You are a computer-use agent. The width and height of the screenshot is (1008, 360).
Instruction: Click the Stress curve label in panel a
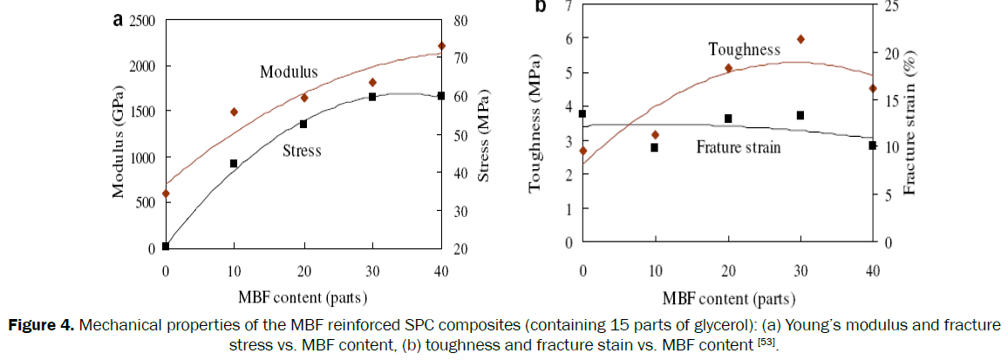tap(302, 151)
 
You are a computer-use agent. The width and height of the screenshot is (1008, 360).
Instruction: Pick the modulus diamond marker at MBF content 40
tap(441, 46)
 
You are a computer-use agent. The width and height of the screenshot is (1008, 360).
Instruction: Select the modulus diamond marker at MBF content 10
tap(234, 112)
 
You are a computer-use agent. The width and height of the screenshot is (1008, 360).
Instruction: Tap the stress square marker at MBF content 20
tap(303, 124)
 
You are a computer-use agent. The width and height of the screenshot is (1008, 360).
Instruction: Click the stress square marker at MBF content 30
tap(372, 97)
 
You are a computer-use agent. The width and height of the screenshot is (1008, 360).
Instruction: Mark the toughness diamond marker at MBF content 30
tap(800, 39)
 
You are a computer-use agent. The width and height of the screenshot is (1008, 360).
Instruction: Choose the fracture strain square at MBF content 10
tap(654, 147)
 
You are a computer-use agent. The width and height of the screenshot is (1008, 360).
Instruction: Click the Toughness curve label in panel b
tap(744, 50)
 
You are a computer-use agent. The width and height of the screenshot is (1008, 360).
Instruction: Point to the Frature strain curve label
tap(738, 147)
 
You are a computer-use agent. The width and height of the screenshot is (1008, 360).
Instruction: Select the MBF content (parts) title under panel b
tap(727, 299)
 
